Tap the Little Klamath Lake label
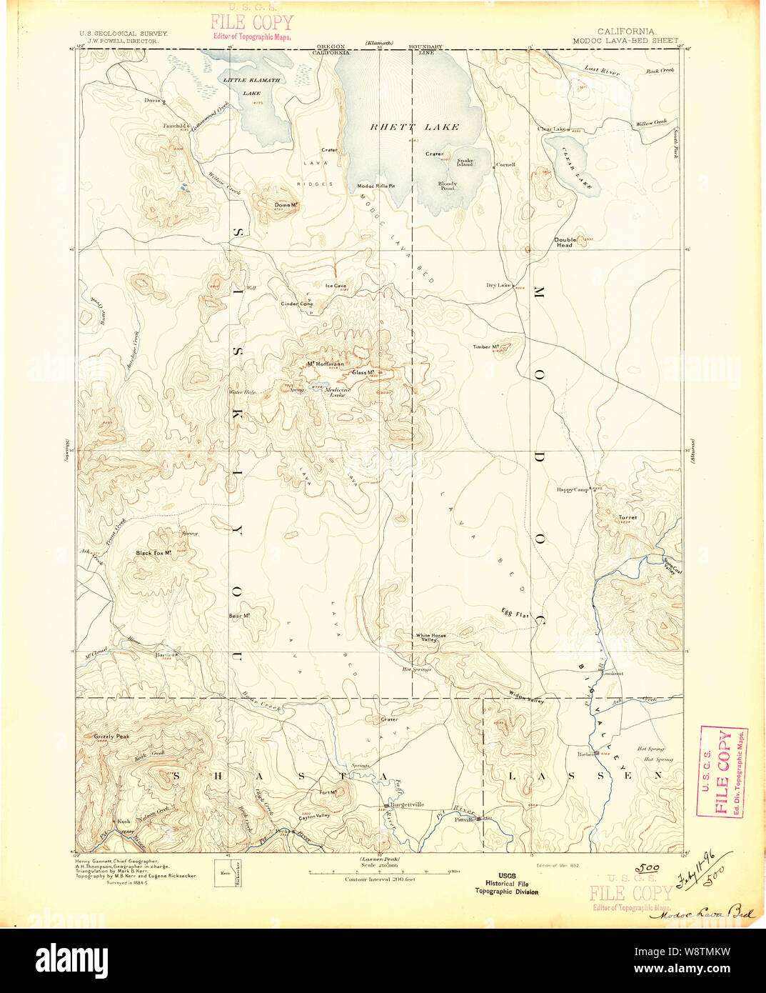[251, 86]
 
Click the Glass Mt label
[364, 372]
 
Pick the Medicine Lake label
[337, 391]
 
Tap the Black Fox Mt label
[154, 553]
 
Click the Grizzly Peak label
[111, 736]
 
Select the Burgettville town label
[405, 804]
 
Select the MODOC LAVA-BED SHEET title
[625, 41]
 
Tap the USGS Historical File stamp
[507, 883]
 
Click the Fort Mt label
[329, 792]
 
